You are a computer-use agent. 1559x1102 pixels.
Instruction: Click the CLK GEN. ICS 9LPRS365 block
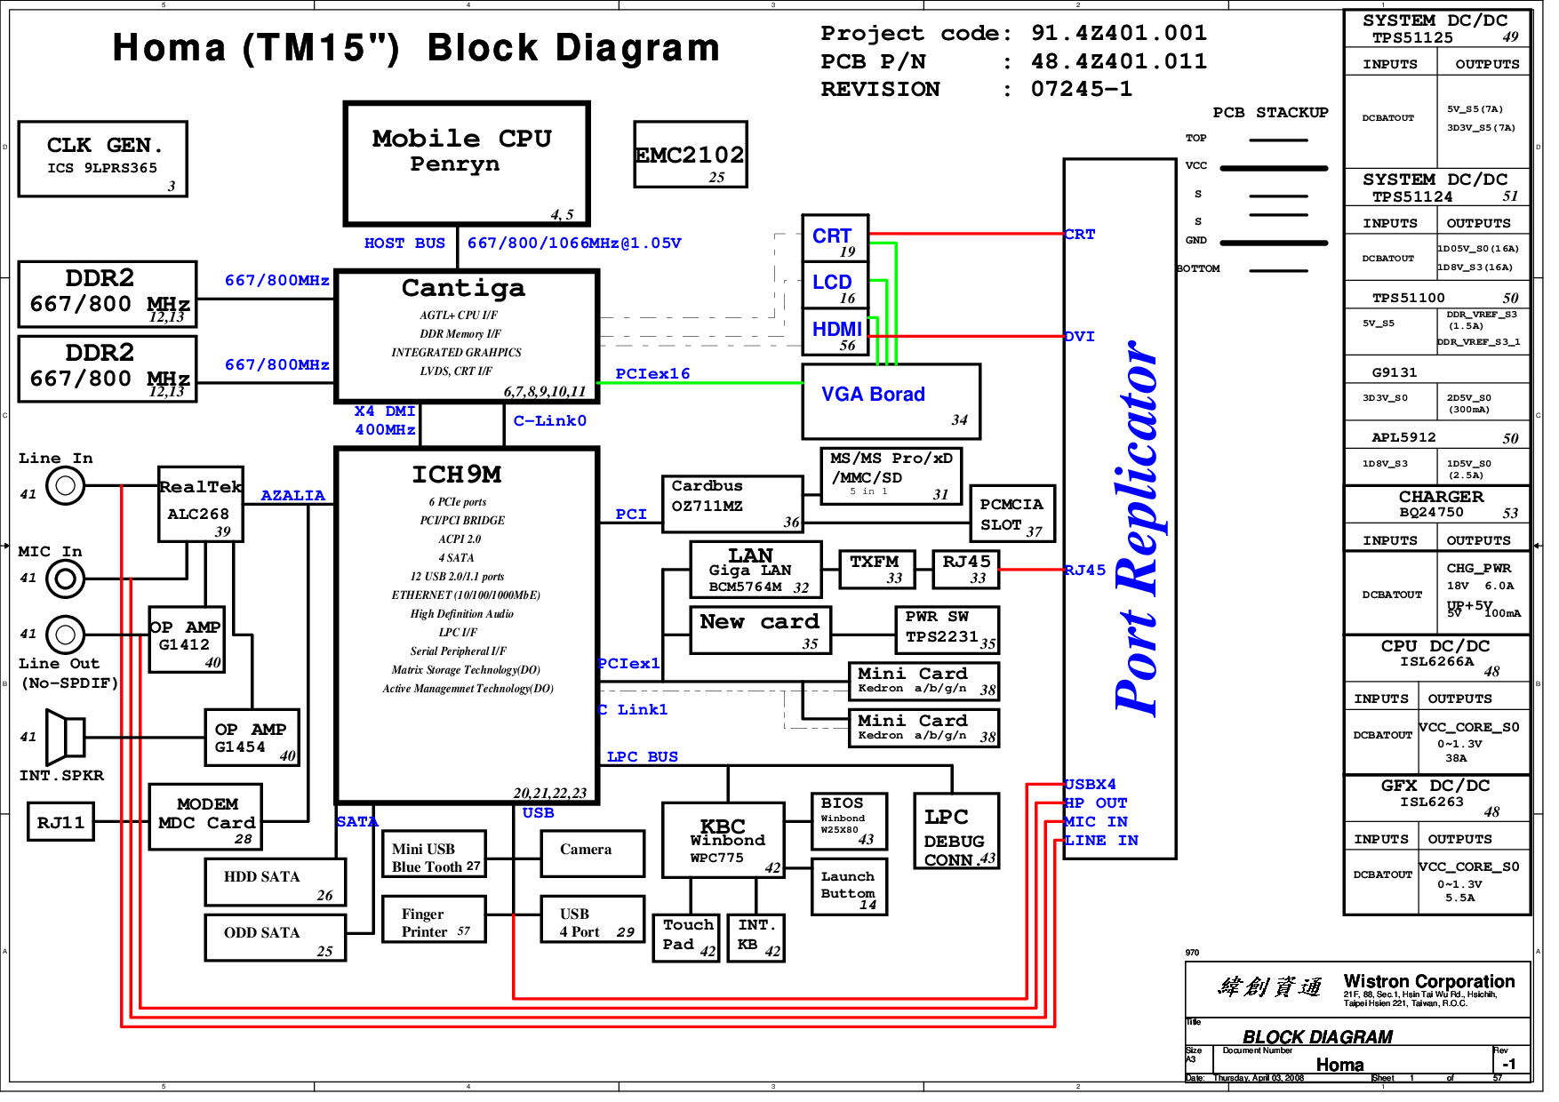(x=102, y=158)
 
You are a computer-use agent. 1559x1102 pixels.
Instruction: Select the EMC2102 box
(x=690, y=155)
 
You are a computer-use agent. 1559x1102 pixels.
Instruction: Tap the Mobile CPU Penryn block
(x=466, y=164)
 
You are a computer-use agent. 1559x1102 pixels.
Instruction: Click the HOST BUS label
(x=404, y=243)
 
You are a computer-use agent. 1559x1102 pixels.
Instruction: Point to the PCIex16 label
(x=652, y=373)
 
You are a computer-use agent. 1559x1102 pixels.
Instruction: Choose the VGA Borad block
(x=891, y=401)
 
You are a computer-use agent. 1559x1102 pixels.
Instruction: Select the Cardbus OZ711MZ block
(x=732, y=504)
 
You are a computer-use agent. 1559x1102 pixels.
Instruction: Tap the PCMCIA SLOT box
(x=1011, y=514)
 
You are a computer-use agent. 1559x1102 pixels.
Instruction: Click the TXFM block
(x=876, y=569)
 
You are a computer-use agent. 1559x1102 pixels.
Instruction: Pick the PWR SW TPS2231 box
(x=947, y=629)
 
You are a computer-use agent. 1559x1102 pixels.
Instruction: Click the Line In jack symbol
(x=65, y=485)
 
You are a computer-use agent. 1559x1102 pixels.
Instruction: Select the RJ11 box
(x=60, y=822)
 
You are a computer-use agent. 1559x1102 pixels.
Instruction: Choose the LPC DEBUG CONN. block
(x=956, y=830)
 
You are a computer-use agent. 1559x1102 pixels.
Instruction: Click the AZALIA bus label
(x=292, y=495)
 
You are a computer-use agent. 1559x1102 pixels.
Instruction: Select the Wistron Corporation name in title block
(x=1428, y=981)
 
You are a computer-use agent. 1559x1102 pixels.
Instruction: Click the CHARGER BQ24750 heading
(x=1440, y=503)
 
